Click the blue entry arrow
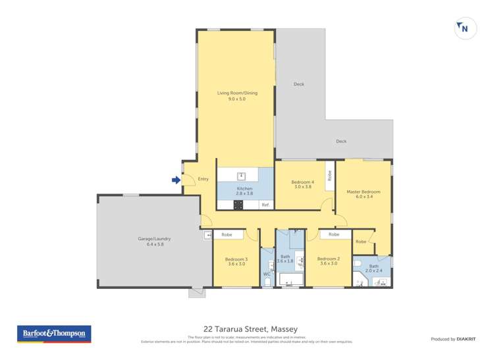click(x=176, y=179)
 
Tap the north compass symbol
click(x=465, y=28)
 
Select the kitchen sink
click(x=242, y=176)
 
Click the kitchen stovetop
click(x=238, y=205)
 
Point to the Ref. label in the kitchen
click(x=265, y=205)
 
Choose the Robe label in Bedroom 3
click(x=227, y=234)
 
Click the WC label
click(x=267, y=274)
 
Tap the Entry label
click(x=203, y=179)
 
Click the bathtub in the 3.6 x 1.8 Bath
click(x=290, y=281)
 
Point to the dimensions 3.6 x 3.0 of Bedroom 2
click(x=329, y=264)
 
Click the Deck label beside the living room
click(x=299, y=84)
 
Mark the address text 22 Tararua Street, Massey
click(x=250, y=328)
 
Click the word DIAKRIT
click(x=466, y=339)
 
